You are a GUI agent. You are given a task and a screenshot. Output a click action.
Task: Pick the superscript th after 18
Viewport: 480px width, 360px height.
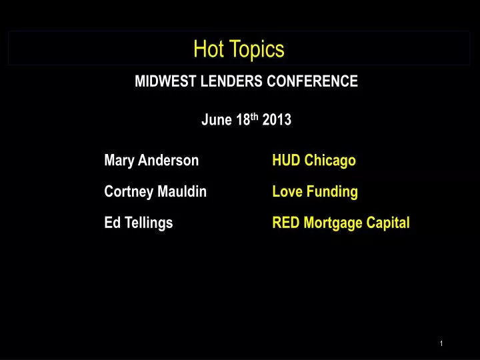(x=255, y=117)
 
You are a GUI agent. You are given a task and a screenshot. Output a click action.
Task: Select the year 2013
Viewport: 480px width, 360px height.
(x=277, y=120)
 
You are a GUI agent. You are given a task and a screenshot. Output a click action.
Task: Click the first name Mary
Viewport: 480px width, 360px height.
(x=119, y=161)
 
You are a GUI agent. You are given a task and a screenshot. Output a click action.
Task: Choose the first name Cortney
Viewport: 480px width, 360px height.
(x=129, y=192)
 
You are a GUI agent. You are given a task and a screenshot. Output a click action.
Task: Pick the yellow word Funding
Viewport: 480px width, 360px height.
(x=332, y=192)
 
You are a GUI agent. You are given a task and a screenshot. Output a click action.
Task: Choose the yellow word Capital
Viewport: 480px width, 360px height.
(x=389, y=223)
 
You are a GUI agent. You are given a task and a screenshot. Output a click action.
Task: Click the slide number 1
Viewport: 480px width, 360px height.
(x=441, y=343)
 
